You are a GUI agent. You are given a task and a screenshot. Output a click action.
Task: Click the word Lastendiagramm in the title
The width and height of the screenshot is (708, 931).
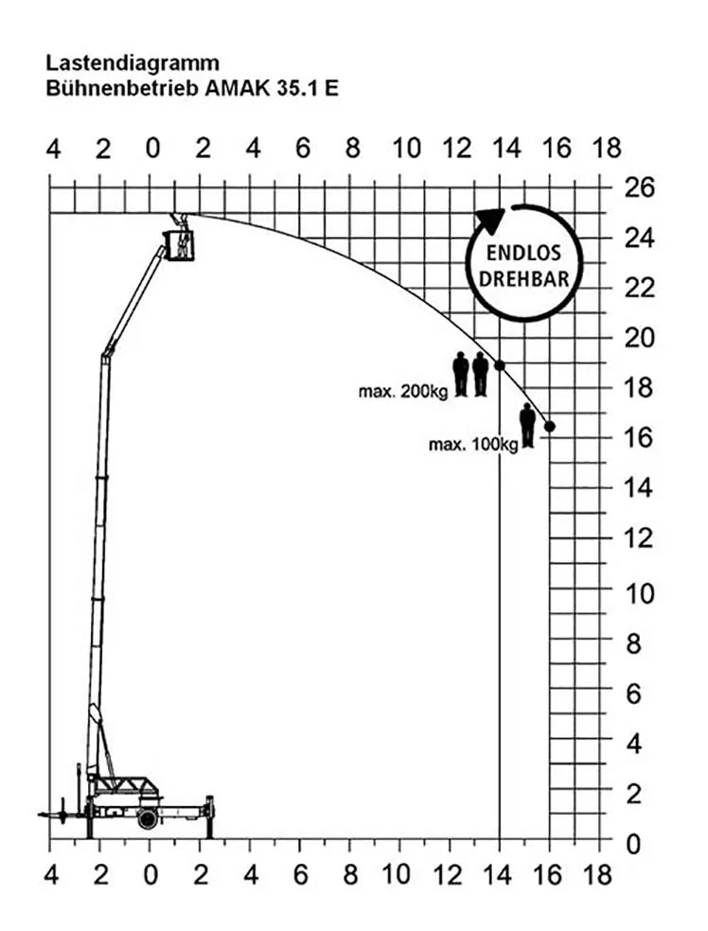(133, 63)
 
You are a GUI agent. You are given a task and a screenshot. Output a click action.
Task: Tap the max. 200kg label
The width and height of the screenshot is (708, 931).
(402, 392)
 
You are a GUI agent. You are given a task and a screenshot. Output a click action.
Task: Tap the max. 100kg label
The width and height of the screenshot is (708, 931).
(473, 444)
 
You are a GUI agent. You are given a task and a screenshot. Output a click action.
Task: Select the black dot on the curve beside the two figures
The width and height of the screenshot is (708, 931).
(500, 365)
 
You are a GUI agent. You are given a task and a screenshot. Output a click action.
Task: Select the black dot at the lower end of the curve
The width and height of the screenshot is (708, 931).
(549, 427)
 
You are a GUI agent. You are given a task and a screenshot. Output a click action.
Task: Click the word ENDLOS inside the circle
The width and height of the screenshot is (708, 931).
(523, 253)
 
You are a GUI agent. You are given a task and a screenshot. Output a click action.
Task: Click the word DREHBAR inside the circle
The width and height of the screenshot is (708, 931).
(523, 278)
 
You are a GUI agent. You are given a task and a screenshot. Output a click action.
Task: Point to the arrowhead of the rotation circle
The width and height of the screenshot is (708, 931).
(490, 220)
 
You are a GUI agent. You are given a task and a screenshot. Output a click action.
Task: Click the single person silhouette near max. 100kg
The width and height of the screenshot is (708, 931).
(527, 425)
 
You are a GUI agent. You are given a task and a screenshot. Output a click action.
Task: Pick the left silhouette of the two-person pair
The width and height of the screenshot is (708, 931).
(461, 374)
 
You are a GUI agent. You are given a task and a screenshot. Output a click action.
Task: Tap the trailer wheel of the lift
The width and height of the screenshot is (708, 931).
(148, 818)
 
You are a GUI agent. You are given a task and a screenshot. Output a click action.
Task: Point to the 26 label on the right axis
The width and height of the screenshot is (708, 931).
(639, 187)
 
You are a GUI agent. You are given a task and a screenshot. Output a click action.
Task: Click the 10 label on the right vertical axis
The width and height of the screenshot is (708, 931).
(639, 594)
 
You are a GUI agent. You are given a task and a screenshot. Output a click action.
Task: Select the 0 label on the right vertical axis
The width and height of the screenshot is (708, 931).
(633, 844)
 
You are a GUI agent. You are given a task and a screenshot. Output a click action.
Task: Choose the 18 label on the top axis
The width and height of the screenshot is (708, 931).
(607, 148)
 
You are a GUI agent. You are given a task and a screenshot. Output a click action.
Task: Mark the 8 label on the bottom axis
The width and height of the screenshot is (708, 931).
(350, 874)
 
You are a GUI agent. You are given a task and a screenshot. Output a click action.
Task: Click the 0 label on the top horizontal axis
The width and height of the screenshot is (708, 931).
(152, 148)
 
